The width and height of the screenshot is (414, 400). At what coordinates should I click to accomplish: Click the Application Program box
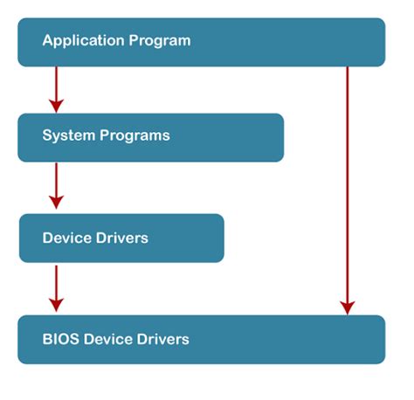[201, 42]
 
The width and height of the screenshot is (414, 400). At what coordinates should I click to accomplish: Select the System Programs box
[150, 137]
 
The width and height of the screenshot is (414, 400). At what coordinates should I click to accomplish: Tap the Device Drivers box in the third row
[121, 238]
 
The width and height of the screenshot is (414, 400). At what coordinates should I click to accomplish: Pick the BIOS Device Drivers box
[201, 339]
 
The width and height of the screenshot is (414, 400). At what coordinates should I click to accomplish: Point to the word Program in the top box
[160, 41]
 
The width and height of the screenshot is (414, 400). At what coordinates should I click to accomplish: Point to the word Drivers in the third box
[121, 238]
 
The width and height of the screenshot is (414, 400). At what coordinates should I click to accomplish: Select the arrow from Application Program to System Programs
[56, 87]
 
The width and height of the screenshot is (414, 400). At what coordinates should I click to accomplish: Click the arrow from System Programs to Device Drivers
[56, 183]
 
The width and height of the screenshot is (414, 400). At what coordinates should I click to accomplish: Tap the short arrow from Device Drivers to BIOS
[56, 286]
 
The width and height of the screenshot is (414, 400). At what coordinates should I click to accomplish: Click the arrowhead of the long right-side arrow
[348, 307]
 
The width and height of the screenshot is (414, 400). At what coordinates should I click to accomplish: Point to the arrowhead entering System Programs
[56, 105]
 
